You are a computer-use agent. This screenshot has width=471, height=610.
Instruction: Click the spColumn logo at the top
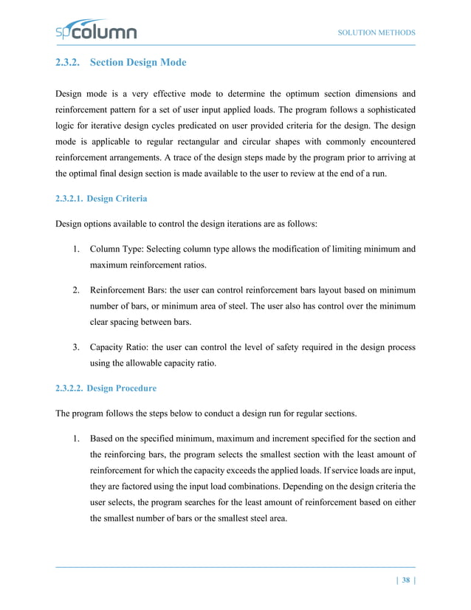[95, 32]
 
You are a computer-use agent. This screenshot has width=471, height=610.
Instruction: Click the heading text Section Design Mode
[138, 64]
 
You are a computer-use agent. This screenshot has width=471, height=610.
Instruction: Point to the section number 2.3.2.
[69, 64]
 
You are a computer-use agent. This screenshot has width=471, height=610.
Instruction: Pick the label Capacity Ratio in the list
[119, 347]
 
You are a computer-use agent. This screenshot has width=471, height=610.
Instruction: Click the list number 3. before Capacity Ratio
[76, 347]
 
